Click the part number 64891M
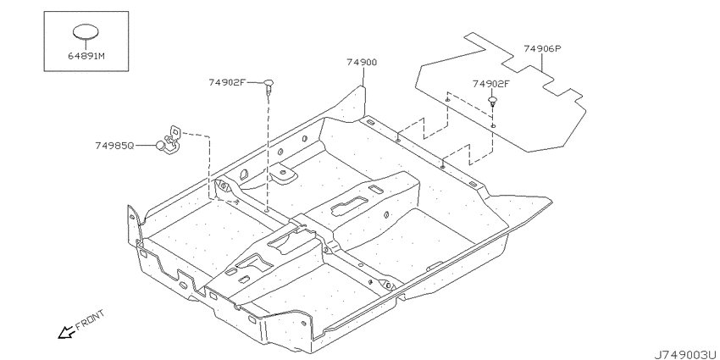[x=86, y=57]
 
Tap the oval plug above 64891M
[x=86, y=31]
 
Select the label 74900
[x=362, y=63]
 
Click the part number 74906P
[x=543, y=48]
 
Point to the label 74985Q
[x=114, y=146]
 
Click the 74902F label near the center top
[x=227, y=82]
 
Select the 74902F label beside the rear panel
[x=491, y=84]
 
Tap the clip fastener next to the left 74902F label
[x=269, y=86]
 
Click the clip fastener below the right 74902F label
[x=492, y=102]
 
